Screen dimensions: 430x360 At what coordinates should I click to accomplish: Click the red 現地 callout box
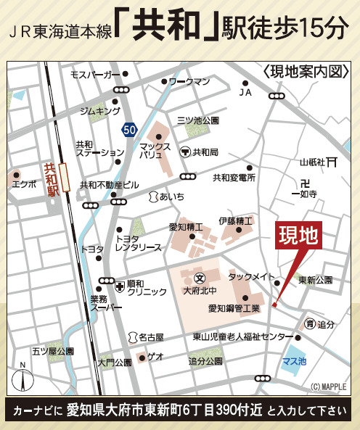click(x=299, y=237)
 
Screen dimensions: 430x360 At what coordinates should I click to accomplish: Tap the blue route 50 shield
click(x=129, y=129)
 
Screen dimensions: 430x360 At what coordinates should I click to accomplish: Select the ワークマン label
click(x=189, y=81)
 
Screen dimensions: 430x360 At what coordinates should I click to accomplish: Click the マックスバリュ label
click(x=154, y=150)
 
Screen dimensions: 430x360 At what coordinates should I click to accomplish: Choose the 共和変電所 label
click(x=234, y=177)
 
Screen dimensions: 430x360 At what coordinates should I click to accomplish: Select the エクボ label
click(x=24, y=184)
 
